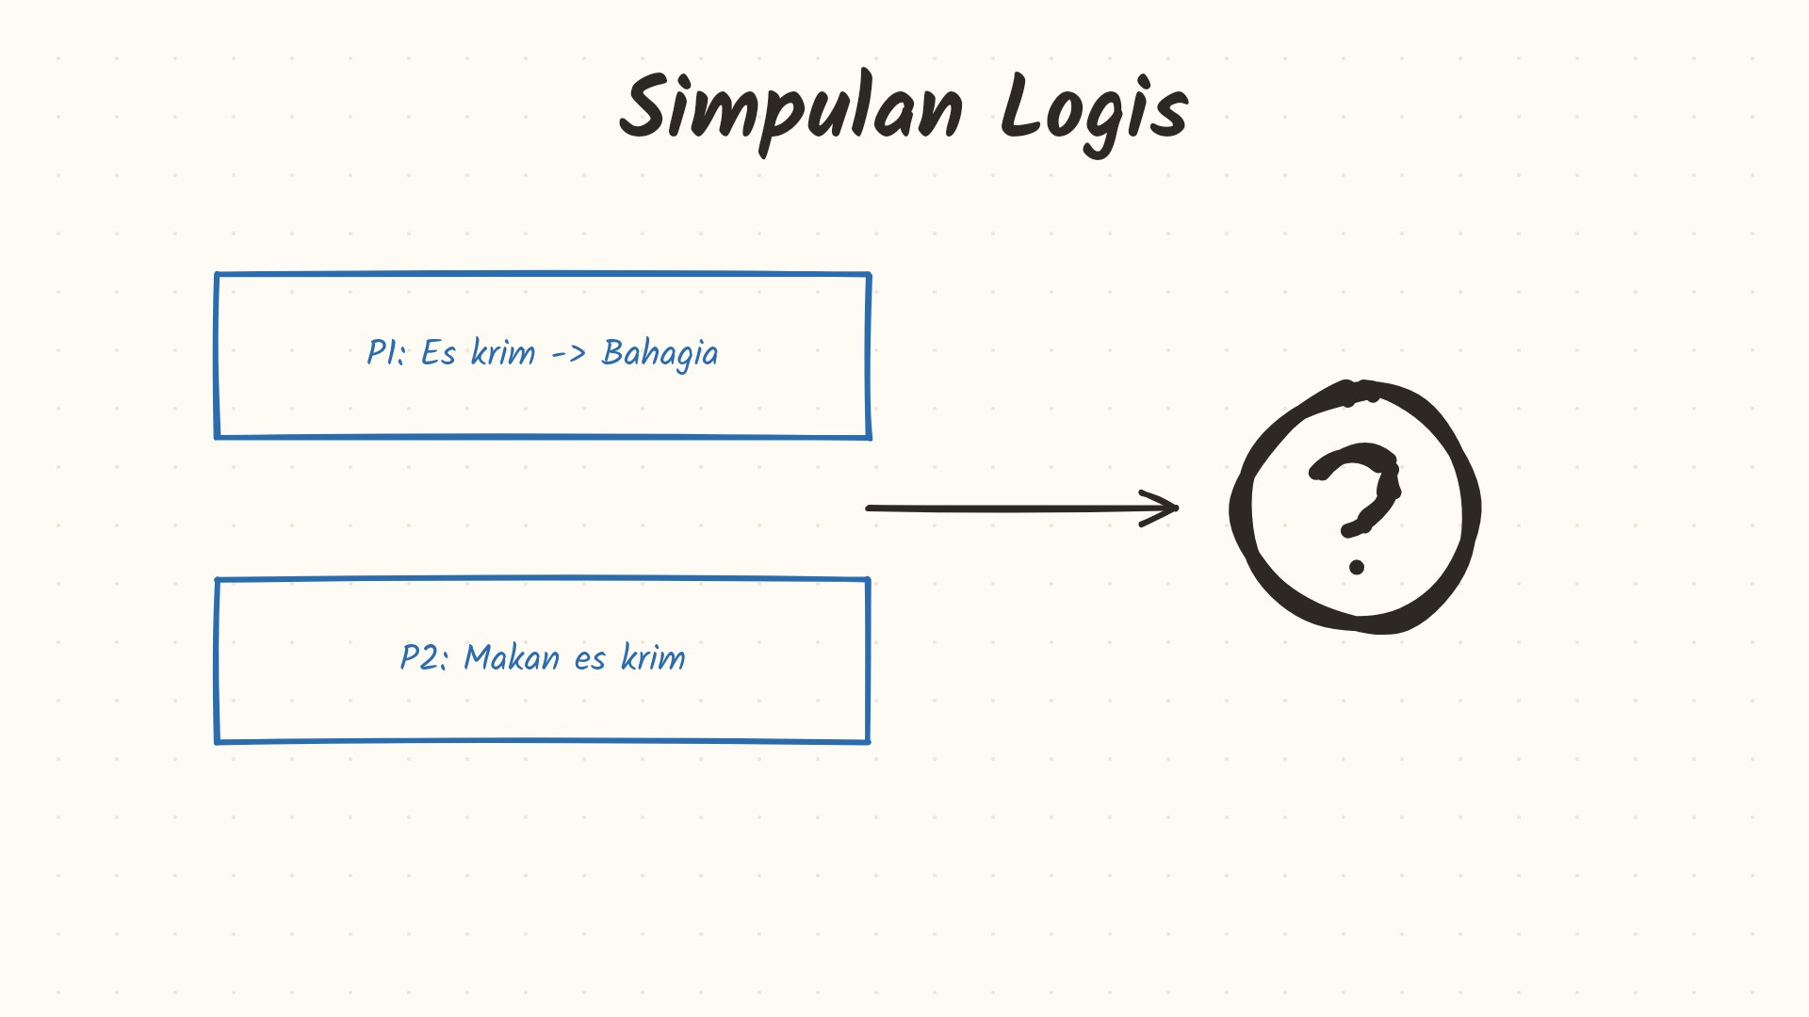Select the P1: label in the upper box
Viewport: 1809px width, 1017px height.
(386, 352)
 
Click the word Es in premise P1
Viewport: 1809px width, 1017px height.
(438, 352)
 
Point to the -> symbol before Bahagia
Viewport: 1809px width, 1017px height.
(568, 354)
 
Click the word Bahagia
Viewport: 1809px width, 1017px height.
(660, 354)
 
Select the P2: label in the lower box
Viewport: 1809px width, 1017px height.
(424, 657)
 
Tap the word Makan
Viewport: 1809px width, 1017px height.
(512, 657)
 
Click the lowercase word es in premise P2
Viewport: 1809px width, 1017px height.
(590, 660)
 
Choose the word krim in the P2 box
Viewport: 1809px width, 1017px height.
(653, 656)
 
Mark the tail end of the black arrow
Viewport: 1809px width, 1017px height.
(868, 508)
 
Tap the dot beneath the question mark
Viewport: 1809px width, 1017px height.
(1357, 567)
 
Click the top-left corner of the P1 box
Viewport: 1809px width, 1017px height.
(217, 275)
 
